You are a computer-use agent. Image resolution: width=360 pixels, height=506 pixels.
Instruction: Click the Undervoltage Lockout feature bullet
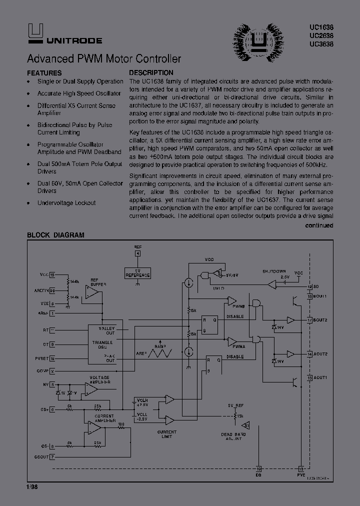coord(66,203)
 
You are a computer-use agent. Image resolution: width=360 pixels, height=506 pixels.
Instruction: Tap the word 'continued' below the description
coord(319,225)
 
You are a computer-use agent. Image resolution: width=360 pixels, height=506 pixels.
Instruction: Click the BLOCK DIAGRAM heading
coord(55,235)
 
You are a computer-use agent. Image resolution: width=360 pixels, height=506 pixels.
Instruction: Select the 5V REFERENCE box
coord(137,273)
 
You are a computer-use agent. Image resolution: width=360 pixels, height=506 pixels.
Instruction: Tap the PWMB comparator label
coord(238,305)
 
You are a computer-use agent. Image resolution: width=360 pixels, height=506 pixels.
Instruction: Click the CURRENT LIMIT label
coord(166,434)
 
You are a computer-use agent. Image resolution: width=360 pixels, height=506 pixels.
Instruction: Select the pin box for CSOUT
coord(52,456)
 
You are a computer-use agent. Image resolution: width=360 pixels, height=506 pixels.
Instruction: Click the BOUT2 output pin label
coord(320,320)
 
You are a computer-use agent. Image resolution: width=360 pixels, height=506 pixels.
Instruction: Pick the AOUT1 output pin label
coord(320,377)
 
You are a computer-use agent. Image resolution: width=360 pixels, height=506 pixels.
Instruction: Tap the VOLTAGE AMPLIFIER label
coord(99,379)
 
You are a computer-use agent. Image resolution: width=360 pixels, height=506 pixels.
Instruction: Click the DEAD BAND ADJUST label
coord(234,436)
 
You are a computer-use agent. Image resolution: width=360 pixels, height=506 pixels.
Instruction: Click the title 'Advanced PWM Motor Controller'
coord(104,59)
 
